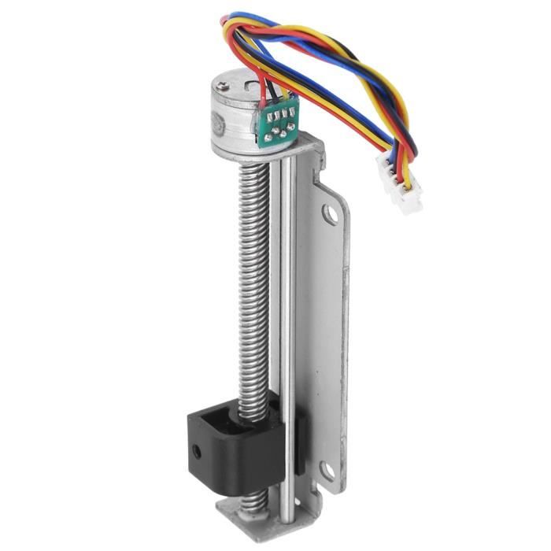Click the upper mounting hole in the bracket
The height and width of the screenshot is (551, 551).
332,213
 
